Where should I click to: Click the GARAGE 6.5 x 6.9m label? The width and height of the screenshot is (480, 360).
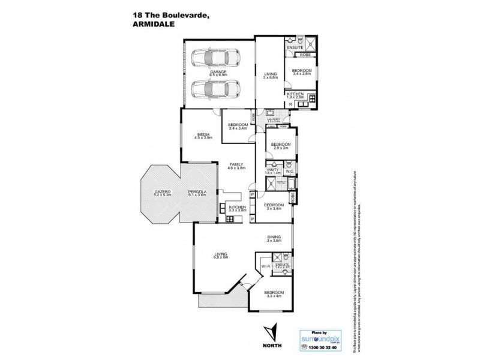click(x=218, y=74)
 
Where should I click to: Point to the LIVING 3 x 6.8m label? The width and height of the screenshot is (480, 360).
click(x=269, y=75)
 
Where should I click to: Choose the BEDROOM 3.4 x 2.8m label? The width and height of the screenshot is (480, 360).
click(x=301, y=72)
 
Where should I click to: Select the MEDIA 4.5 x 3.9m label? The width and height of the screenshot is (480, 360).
click(x=202, y=137)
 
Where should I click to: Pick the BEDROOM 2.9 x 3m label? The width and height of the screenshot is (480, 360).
click(x=280, y=146)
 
